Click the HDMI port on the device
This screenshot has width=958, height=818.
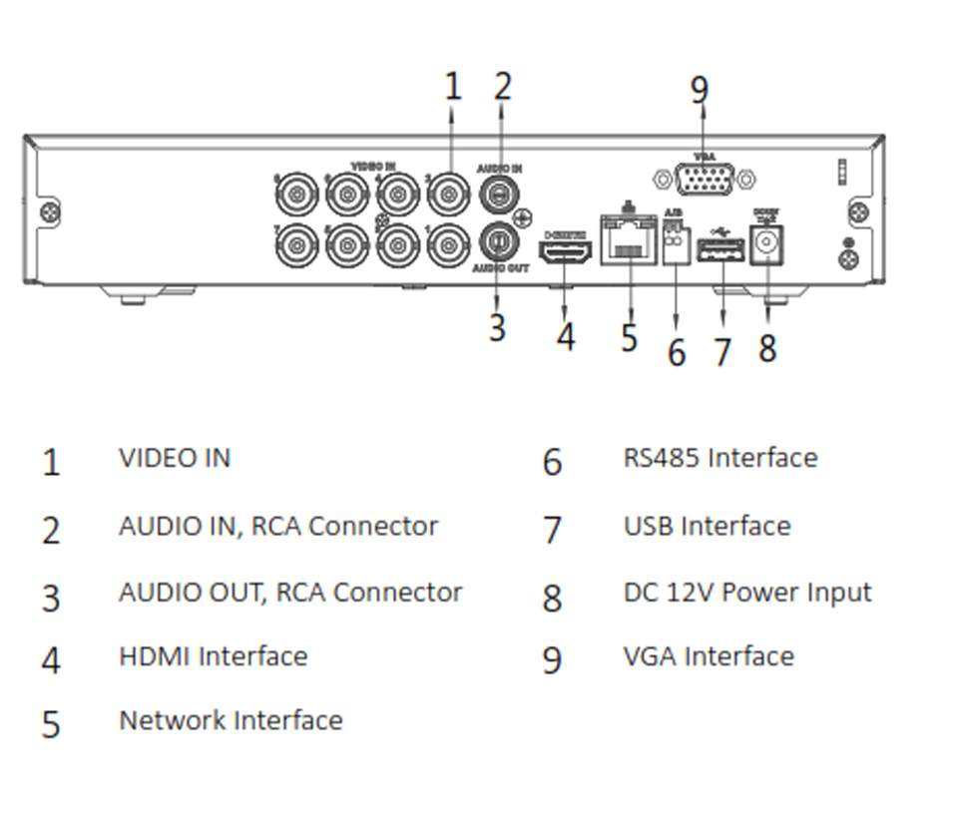[565, 251]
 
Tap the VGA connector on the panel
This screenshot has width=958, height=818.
[706, 181]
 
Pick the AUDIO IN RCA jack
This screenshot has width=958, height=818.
[500, 194]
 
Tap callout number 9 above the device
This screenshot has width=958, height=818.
[700, 90]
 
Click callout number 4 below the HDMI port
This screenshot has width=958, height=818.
[566, 336]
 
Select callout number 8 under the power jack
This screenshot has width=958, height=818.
[766, 347]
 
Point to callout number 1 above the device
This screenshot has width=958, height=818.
[453, 87]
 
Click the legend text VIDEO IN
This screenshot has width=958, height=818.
[175, 458]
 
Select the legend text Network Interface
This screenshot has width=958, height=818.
[231, 720]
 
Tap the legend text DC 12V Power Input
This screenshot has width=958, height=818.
[747, 592]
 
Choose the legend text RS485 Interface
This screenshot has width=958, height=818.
[720, 458]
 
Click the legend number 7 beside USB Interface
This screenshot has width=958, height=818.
[552, 530]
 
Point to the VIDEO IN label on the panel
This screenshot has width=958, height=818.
[373, 164]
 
